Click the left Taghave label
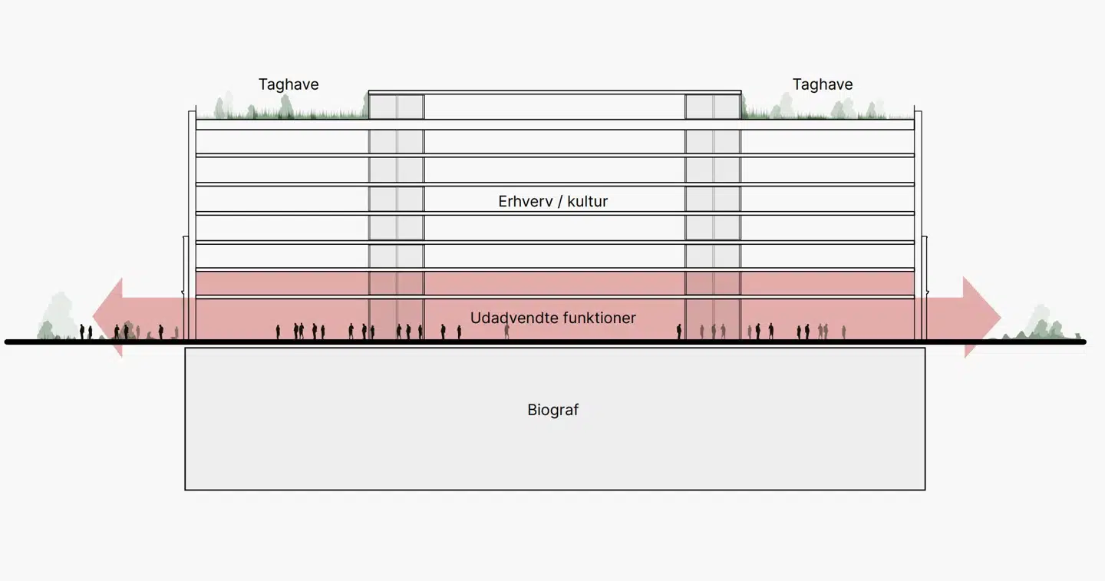(x=289, y=84)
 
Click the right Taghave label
(x=823, y=84)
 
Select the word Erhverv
(x=524, y=202)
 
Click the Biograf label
(x=552, y=410)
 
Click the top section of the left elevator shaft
(x=396, y=107)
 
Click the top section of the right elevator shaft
(x=713, y=107)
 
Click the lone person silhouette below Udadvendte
(x=506, y=332)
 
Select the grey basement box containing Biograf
(x=384, y=453)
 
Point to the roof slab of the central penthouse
(x=554, y=93)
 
